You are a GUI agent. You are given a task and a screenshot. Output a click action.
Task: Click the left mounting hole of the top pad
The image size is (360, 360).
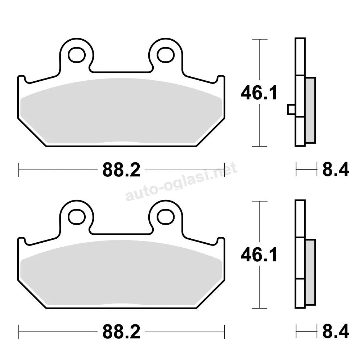[x=77, y=55]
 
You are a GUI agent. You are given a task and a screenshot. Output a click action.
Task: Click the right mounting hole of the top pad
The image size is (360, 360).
[x=166, y=55]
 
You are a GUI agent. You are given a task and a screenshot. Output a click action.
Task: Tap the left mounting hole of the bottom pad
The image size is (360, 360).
[x=77, y=217]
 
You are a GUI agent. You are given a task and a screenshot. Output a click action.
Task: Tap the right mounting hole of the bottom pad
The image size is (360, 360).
[x=166, y=217]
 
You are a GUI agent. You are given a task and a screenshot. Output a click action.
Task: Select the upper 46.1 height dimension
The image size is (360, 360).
[x=259, y=93]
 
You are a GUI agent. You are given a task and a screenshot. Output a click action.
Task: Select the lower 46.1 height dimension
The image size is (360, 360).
[x=259, y=255]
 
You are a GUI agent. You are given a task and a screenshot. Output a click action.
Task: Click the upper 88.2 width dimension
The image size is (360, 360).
[x=121, y=170]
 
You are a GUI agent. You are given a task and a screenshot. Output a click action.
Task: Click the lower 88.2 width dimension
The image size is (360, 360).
[x=121, y=332]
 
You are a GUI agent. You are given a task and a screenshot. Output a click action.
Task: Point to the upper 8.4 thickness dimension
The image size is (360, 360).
[x=336, y=170]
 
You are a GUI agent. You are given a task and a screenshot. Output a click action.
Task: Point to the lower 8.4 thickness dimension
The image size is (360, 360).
[x=336, y=331]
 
